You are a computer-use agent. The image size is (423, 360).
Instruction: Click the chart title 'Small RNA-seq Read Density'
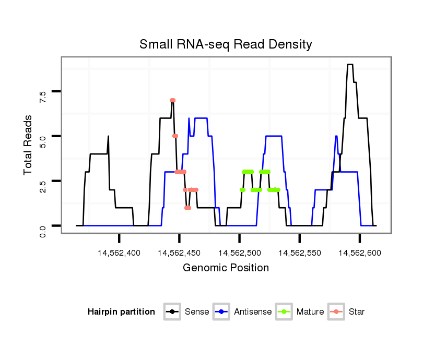pos(226,44)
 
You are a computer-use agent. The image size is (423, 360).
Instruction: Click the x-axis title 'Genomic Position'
pos(226,268)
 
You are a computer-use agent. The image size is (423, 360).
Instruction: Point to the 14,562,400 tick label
pos(119,253)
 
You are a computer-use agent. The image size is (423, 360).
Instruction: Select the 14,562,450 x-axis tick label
pos(179,253)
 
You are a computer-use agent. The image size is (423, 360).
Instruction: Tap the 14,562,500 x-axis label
pos(239,253)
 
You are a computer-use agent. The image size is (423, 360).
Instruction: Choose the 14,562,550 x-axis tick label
pos(299,253)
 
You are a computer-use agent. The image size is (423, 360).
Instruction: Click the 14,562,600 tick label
pos(359,253)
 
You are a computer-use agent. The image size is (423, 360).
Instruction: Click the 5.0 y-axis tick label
pos(43,141)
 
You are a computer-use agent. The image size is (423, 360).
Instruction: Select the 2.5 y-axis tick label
pos(43,186)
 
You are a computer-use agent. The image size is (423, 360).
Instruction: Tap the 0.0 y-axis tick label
pos(43,231)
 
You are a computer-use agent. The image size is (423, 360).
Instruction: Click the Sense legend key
pos(172,312)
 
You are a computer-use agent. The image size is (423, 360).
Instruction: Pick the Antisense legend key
pos(222,312)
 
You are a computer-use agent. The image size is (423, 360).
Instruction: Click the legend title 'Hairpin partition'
pos(121,312)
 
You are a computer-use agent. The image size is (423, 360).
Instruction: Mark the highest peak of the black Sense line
pos(350,65)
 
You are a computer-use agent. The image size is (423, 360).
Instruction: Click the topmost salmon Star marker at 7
pos(172,100)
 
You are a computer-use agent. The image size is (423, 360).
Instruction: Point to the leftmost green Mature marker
pos(242,190)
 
